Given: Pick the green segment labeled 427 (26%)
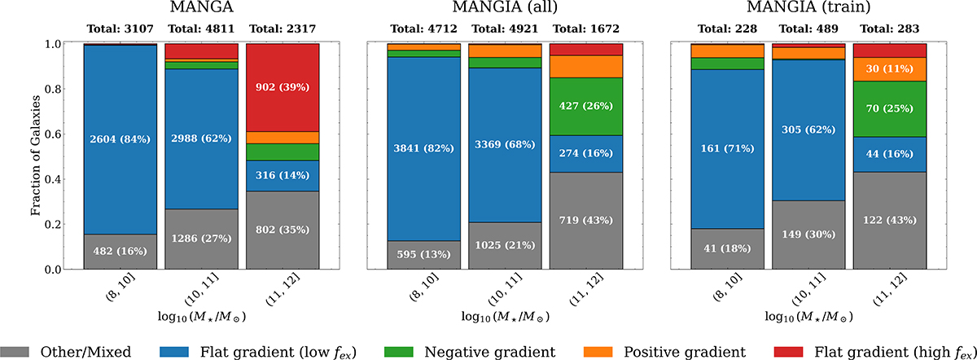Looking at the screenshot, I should pos(586,107).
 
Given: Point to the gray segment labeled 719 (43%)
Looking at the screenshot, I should pos(586,221).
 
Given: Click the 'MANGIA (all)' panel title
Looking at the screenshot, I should pos(505,11).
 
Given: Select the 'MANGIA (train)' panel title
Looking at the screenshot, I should pos(808,11).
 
